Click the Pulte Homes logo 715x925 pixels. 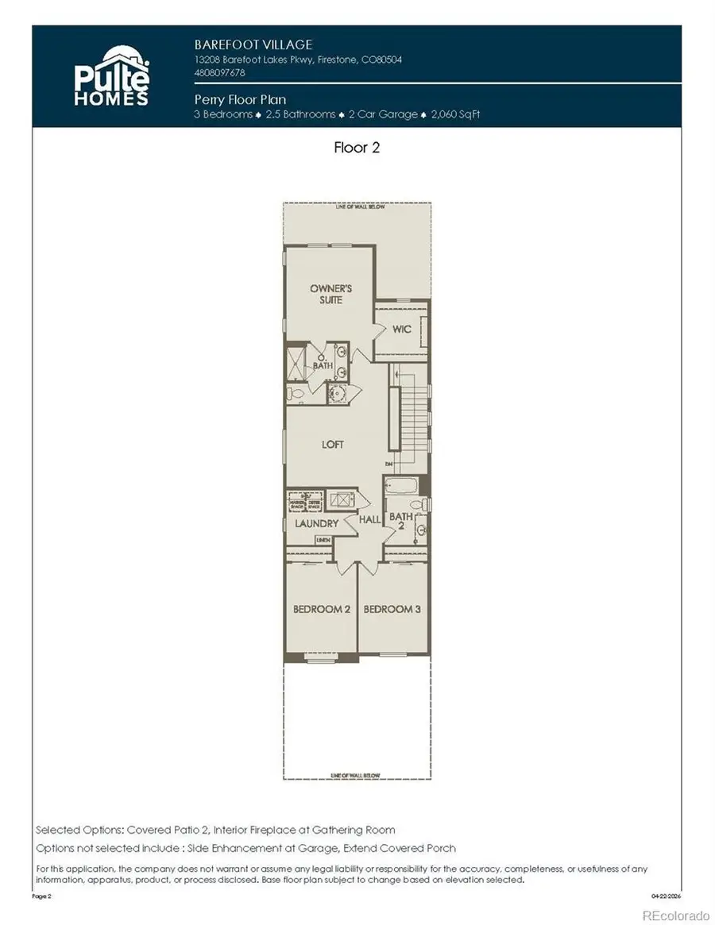click(112, 76)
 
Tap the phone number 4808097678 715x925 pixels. click(220, 72)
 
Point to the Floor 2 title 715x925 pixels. click(357, 148)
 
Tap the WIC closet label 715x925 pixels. click(401, 329)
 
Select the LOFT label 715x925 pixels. click(332, 445)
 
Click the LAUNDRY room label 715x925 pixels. click(316, 523)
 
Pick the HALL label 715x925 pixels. click(369, 519)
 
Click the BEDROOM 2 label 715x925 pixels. click(322, 609)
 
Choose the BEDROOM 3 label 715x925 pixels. click(392, 609)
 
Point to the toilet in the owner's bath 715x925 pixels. click(295, 393)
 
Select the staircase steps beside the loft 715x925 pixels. click(412, 417)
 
